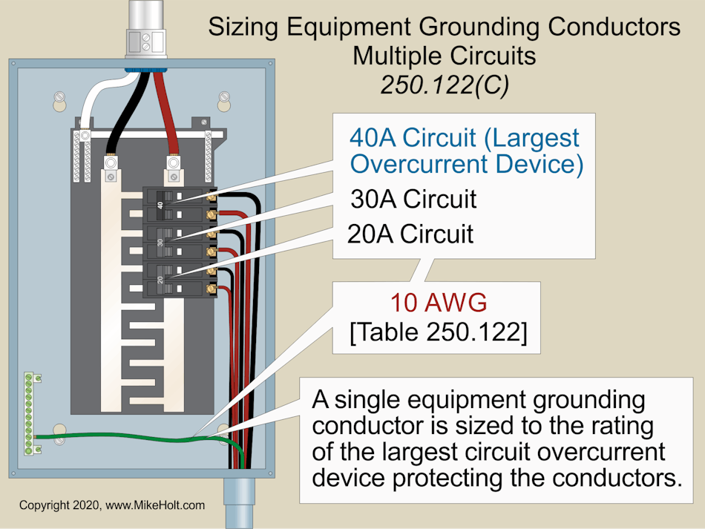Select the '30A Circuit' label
coord(413,199)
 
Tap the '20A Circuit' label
coord(410,234)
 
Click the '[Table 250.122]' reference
coord(438,333)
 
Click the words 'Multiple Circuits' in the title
coord(444,56)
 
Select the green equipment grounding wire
coord(134,438)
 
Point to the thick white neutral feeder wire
coord(96,104)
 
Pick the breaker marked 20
coord(178,278)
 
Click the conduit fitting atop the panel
coord(142,37)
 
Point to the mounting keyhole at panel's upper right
coord(225,97)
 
